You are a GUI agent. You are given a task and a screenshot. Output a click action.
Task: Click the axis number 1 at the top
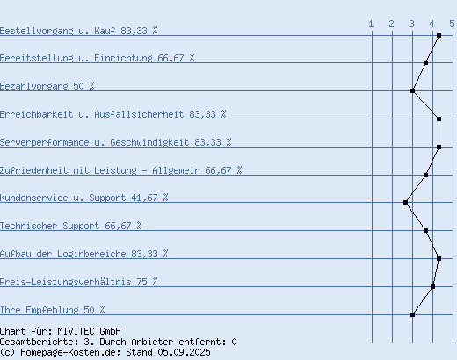click(371, 24)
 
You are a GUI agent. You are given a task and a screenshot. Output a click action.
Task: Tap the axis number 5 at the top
click(452, 24)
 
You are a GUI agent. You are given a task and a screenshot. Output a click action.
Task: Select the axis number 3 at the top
click(412, 24)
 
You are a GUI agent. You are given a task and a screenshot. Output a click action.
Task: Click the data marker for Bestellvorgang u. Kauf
click(439, 36)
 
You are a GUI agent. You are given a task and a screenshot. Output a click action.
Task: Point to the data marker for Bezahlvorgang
click(412, 90)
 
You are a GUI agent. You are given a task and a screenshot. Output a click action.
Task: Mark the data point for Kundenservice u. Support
click(405, 202)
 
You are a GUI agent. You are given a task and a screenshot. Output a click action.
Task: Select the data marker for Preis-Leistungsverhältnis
click(432, 286)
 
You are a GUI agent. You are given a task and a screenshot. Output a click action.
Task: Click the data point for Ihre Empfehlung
click(412, 314)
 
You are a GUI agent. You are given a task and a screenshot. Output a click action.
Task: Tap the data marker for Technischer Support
click(425, 231)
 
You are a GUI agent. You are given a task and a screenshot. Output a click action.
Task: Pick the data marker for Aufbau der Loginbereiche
click(439, 258)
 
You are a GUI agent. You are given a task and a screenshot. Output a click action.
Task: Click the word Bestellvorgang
click(37, 31)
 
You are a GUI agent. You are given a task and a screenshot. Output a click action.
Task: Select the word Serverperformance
click(45, 142)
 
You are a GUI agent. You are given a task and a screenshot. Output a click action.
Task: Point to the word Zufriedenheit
click(34, 170)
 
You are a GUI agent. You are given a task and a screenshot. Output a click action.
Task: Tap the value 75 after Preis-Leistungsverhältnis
click(142, 282)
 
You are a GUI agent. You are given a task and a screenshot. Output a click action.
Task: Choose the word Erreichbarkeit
click(37, 114)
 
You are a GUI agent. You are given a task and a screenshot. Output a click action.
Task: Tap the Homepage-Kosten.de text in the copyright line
click(70, 352)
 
